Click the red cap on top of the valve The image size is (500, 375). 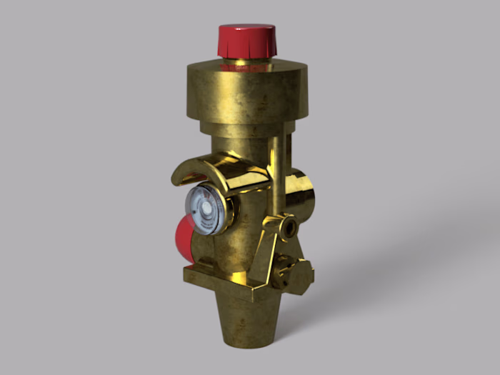246,41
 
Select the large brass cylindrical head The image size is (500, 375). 246,93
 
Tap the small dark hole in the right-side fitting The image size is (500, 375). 290,229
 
